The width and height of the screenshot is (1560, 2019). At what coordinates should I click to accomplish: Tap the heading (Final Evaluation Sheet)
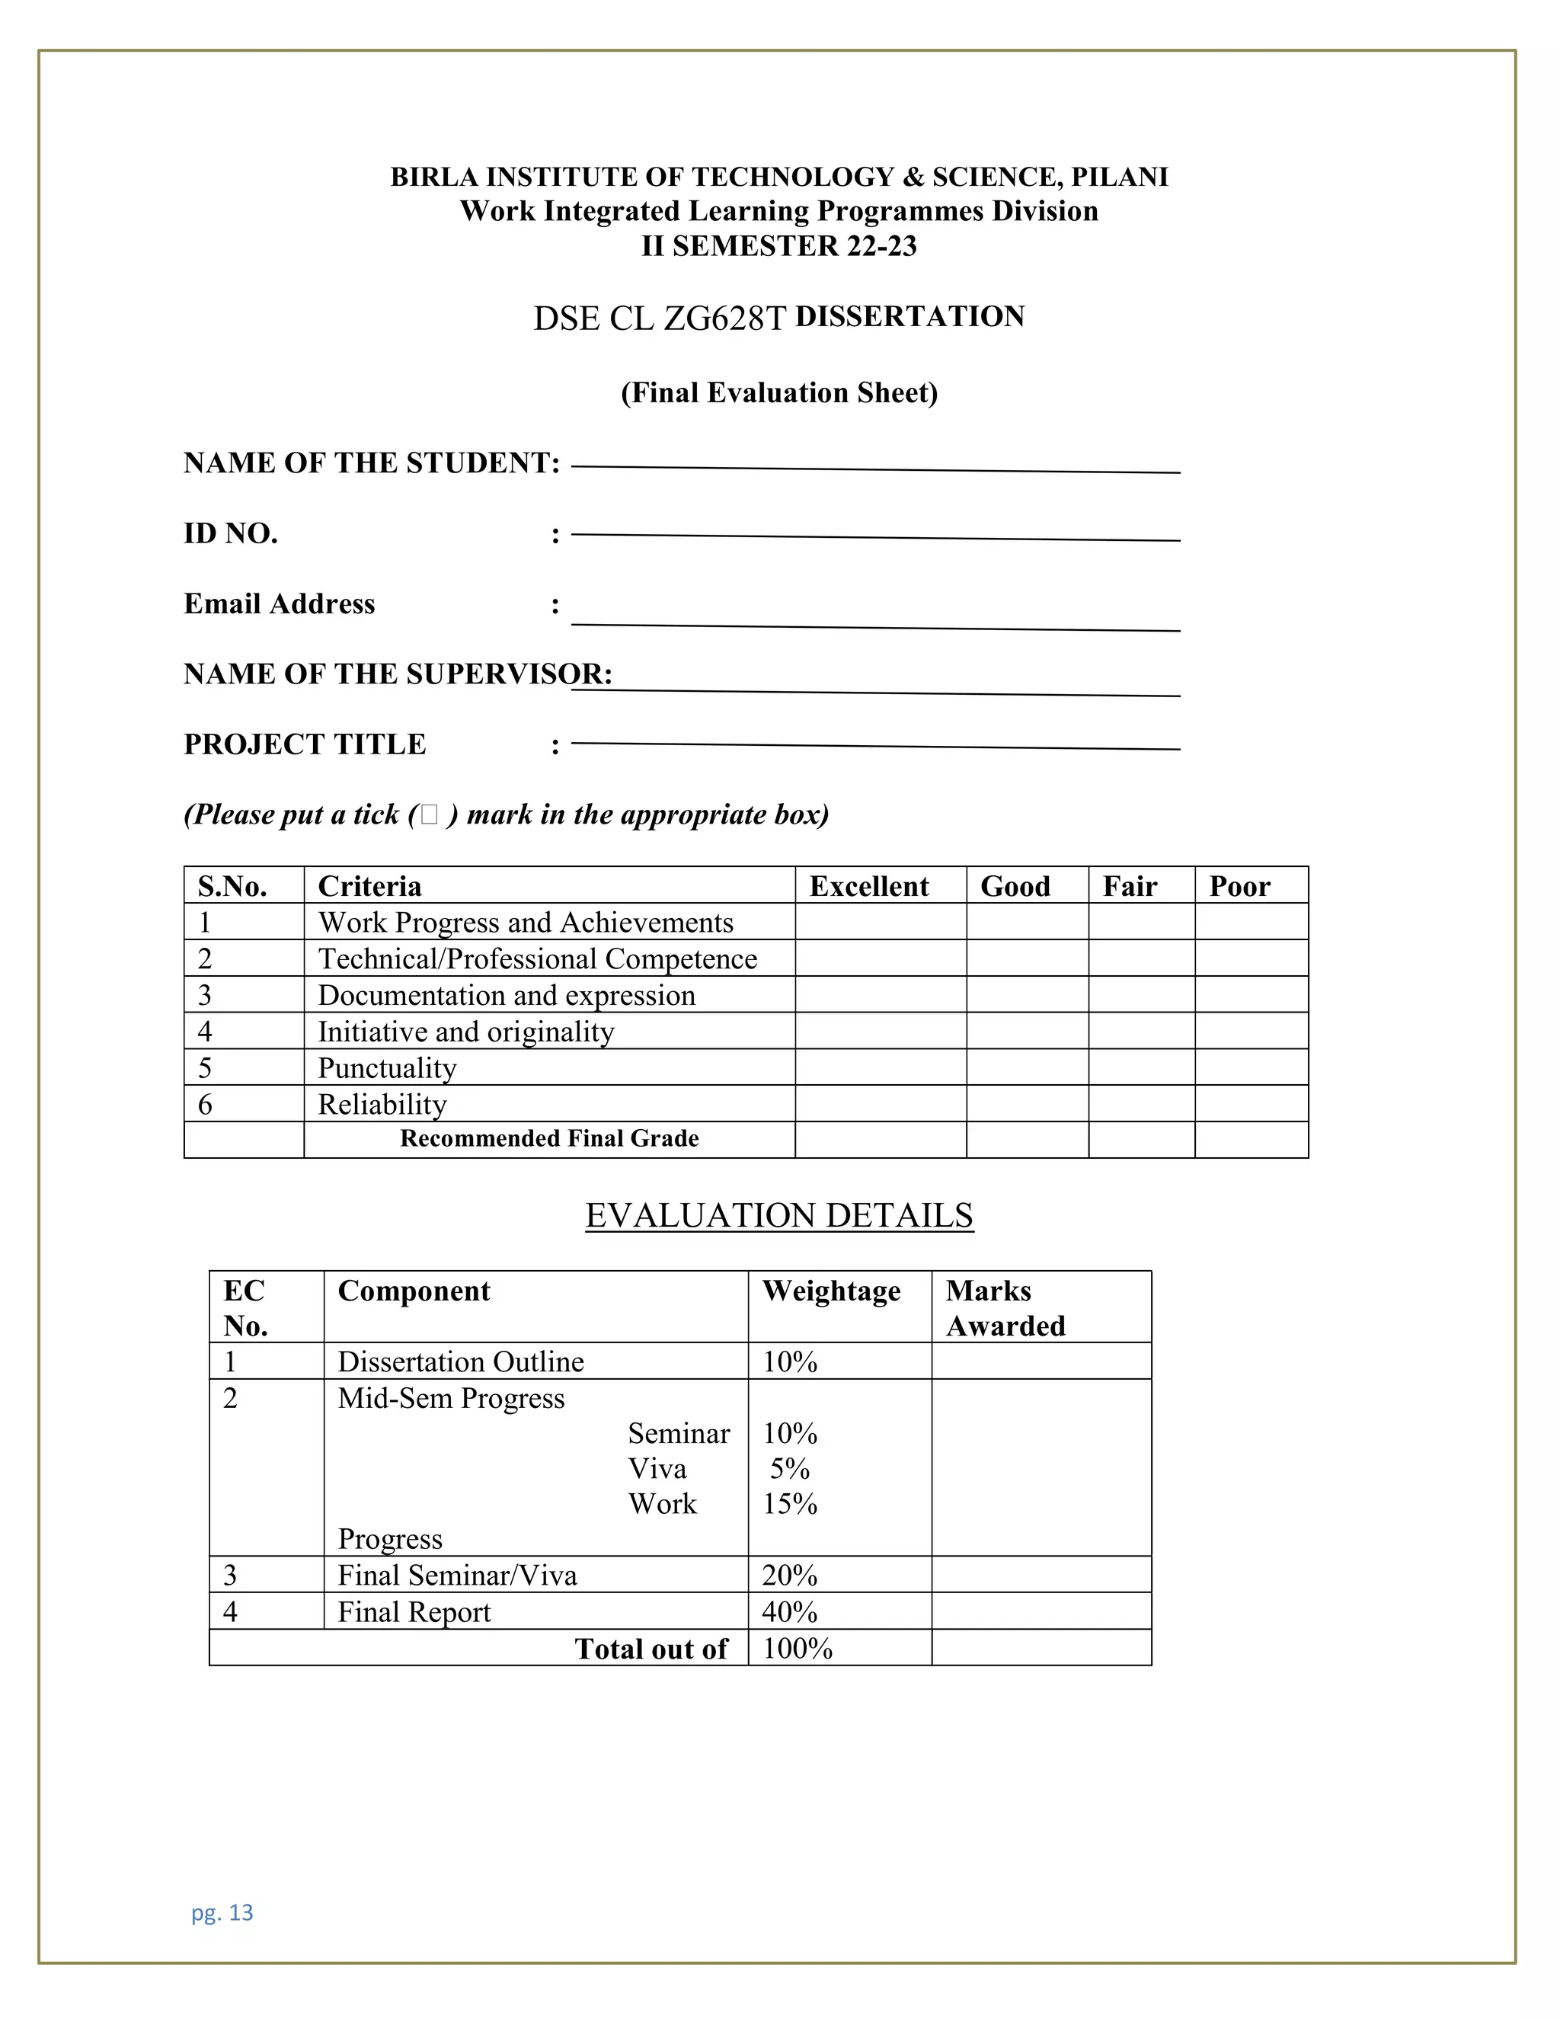click(x=779, y=393)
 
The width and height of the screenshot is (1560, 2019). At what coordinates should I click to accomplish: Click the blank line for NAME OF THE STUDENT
click(x=875, y=469)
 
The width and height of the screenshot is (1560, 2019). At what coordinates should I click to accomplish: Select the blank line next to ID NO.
click(x=875, y=536)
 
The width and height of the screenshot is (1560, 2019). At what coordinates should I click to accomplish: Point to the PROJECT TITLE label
click(x=305, y=744)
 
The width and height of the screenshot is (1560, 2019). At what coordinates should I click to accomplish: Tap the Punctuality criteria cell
click(x=387, y=1067)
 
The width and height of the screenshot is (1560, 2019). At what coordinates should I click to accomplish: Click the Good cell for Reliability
click(x=1027, y=1104)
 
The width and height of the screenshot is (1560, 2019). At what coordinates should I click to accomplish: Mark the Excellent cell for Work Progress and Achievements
click(x=880, y=922)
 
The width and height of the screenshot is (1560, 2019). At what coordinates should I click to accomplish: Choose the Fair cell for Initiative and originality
click(x=1140, y=1031)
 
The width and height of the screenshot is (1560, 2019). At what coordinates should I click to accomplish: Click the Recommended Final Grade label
click(x=549, y=1139)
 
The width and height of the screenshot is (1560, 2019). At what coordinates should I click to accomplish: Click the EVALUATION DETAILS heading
click(x=779, y=1216)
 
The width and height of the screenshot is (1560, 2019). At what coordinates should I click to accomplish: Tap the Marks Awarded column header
click(x=1005, y=1307)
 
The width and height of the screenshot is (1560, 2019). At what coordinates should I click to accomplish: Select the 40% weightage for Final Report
click(x=789, y=1611)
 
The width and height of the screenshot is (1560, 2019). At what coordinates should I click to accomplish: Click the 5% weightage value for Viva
click(x=789, y=1469)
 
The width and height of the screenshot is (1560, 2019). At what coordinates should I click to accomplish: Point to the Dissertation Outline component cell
click(x=460, y=1361)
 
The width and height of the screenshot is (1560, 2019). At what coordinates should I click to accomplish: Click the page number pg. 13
click(x=222, y=1912)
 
